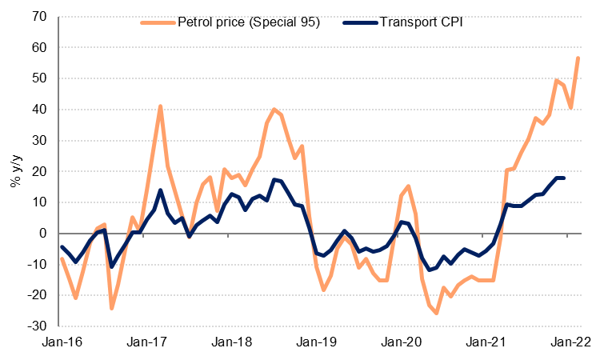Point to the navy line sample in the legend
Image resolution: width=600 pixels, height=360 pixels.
pos(350,22)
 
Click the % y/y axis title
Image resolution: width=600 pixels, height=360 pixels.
pos(14,171)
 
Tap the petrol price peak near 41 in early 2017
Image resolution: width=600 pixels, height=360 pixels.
pos(161,106)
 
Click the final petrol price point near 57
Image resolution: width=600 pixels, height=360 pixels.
pos(578,58)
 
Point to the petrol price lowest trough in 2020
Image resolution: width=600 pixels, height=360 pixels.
pos(437,313)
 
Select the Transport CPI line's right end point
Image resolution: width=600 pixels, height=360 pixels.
pos(564,178)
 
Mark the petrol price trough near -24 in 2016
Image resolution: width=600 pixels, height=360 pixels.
pos(112,308)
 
